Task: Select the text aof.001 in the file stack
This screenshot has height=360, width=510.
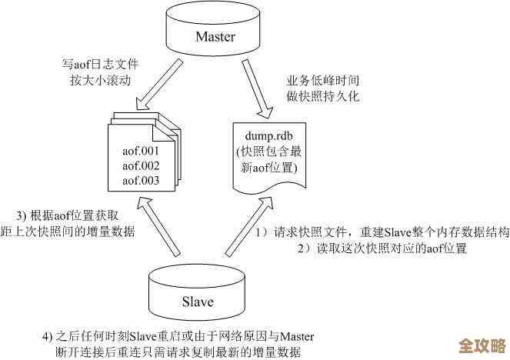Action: pyautogui.click(x=141, y=152)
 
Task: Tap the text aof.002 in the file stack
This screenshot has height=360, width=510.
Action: pyautogui.click(x=141, y=166)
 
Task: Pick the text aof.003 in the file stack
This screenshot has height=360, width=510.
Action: pyautogui.click(x=141, y=181)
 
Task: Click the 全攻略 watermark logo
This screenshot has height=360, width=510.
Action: pyautogui.click(x=481, y=344)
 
